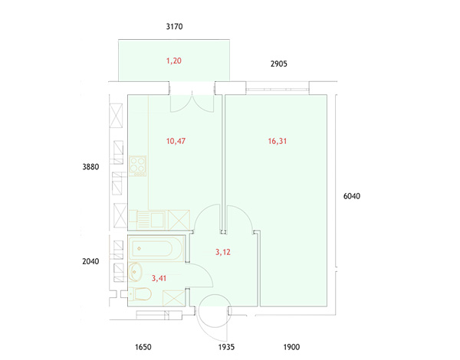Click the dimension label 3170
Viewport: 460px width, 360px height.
pos(174,27)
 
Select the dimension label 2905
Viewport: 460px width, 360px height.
pos(279,64)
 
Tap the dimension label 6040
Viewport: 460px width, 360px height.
pos(352,196)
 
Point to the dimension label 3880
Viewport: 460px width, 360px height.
pos(90,167)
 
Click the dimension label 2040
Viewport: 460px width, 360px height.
pos(90,261)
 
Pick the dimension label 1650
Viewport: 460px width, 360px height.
pos(143,347)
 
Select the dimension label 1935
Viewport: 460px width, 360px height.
pos(226,347)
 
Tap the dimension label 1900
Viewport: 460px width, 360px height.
pos(291,347)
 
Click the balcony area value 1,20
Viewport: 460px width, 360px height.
pos(174,61)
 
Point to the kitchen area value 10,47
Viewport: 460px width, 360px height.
pos(176,141)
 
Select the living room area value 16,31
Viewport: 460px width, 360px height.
pos(278,141)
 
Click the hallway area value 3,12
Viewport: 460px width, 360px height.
pos(223,252)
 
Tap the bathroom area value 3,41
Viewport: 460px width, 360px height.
pos(159,278)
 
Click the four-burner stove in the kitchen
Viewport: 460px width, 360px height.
pos(137,166)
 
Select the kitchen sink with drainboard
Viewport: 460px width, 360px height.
pos(147,219)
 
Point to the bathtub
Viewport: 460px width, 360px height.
pos(151,249)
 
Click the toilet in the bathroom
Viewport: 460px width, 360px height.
pos(140,294)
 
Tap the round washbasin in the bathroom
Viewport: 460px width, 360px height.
pos(135,272)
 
